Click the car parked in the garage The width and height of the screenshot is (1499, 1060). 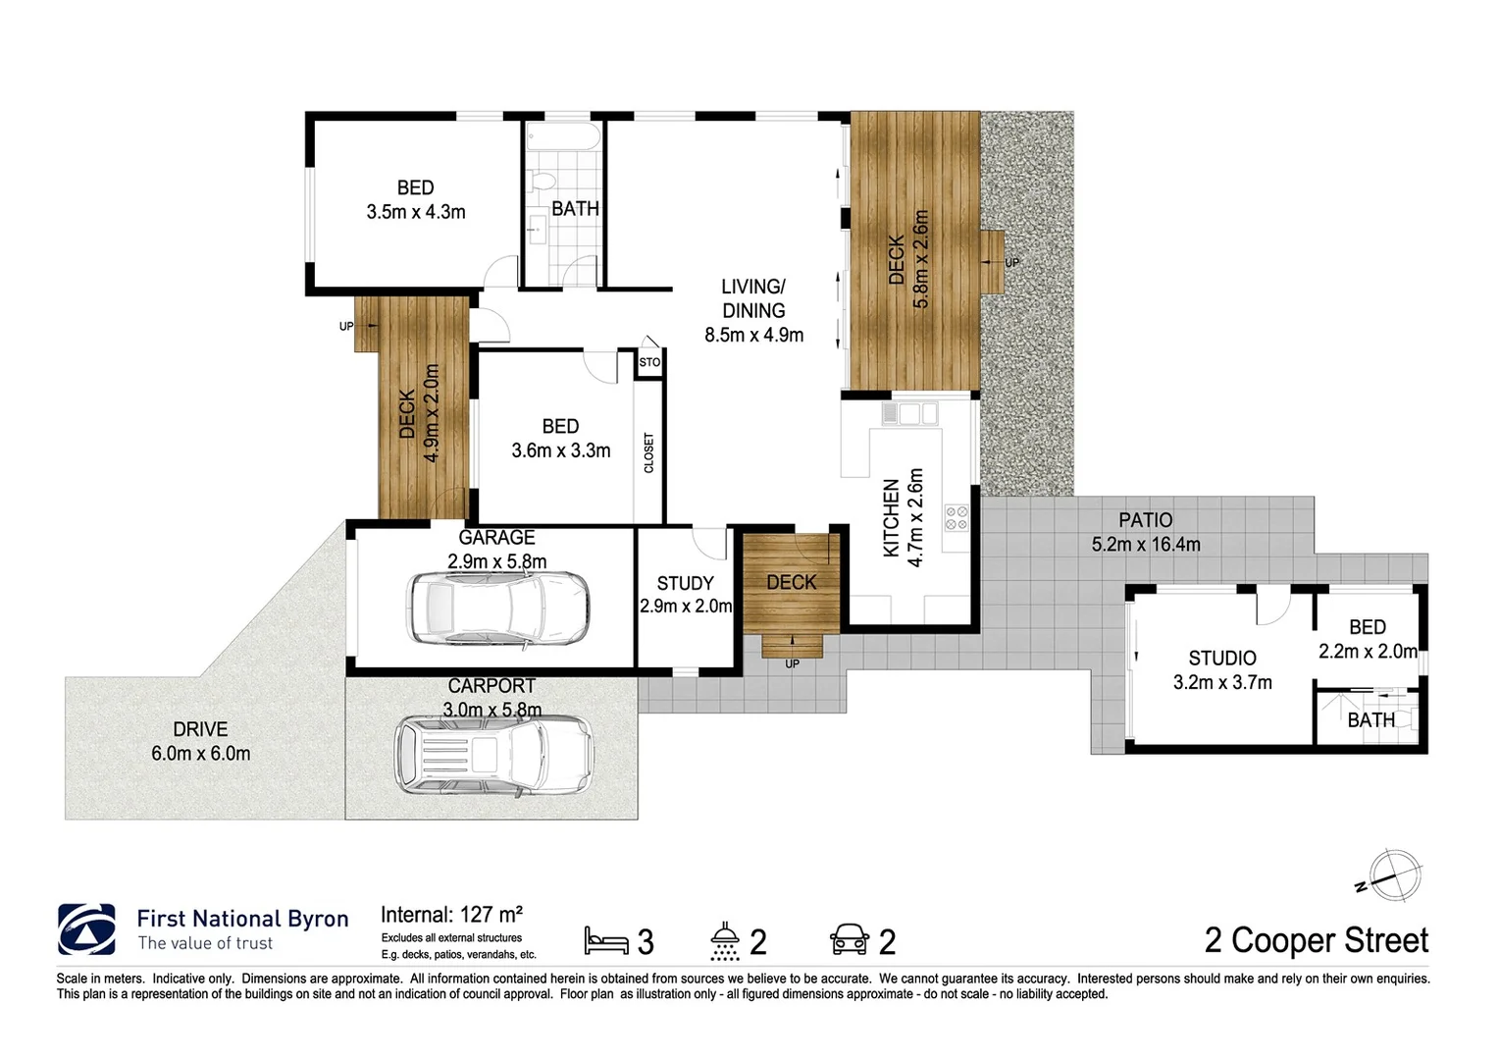click(x=498, y=609)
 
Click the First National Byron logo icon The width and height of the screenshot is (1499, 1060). click(x=86, y=929)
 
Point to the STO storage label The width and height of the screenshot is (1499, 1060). click(x=649, y=362)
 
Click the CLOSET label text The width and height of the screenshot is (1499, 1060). click(x=648, y=452)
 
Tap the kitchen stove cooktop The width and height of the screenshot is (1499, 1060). click(x=956, y=518)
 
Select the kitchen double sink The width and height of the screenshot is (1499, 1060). click(x=909, y=414)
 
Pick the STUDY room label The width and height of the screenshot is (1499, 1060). click(x=685, y=583)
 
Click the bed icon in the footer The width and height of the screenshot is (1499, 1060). click(x=605, y=940)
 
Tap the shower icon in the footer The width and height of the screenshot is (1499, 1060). click(x=725, y=940)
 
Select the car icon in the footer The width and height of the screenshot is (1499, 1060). click(x=850, y=940)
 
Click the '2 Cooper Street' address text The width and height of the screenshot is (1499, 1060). click(x=1316, y=940)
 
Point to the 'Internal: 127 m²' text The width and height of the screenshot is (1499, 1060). click(x=451, y=915)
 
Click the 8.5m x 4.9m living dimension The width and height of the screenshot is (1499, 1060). click(x=753, y=335)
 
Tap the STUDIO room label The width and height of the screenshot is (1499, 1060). click(x=1221, y=658)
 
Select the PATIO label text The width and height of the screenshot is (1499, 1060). click(x=1145, y=520)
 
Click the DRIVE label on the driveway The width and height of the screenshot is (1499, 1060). click(x=200, y=729)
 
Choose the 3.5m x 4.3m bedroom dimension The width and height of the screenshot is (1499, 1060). click(x=416, y=211)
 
